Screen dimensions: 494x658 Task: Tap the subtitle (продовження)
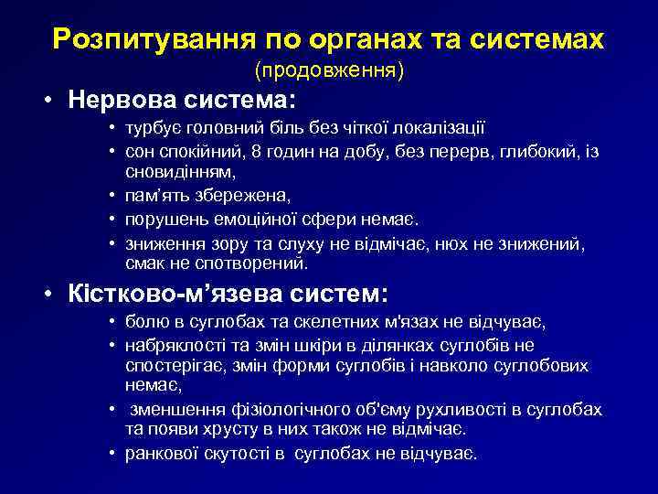tap(329, 70)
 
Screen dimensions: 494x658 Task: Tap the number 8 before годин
tap(258, 150)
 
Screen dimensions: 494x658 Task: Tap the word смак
tap(146, 263)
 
